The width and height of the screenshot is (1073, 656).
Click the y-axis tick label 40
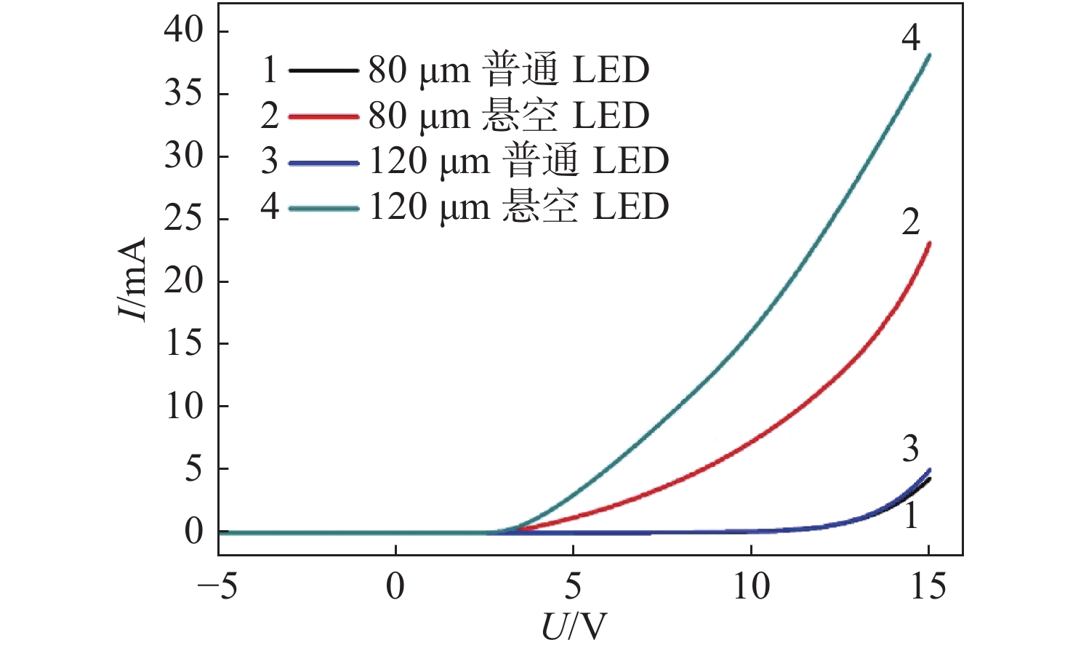(184, 31)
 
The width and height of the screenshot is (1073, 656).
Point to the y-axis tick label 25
(184, 218)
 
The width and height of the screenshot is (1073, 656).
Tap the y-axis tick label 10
(184, 406)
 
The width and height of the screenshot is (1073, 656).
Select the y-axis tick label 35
(184, 94)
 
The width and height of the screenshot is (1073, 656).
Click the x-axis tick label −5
(217, 586)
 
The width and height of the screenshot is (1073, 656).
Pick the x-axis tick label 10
(750, 586)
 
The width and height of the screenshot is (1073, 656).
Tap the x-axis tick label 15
(928, 586)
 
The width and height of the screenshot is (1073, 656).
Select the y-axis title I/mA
(133, 280)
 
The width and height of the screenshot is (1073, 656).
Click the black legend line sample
(323, 71)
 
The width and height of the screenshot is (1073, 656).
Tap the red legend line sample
(323, 116)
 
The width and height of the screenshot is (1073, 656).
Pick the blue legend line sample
(323, 162)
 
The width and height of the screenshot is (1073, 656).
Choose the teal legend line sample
(323, 208)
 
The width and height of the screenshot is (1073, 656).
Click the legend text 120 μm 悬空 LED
(519, 207)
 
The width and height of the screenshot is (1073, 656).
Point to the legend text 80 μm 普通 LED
(509, 70)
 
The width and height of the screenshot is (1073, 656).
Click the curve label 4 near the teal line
(911, 37)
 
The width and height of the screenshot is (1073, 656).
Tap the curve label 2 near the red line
(911, 222)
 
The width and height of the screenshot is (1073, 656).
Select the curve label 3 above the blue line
(911, 449)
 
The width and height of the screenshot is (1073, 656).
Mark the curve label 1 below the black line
(911, 516)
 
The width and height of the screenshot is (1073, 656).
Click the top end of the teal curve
(928, 55)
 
